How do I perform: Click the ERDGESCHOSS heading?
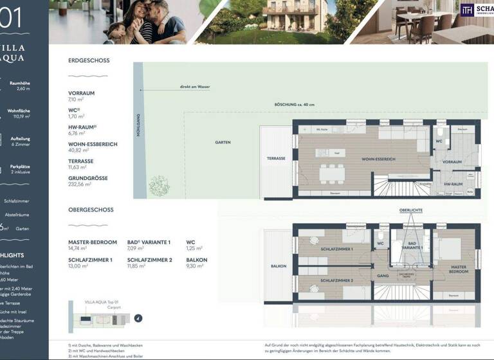89,60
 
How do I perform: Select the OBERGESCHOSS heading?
91,210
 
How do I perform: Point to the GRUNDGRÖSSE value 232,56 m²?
80,184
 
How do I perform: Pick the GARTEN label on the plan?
223,142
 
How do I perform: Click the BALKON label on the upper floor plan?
279,265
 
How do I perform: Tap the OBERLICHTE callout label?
410,210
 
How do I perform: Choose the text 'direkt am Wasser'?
195,87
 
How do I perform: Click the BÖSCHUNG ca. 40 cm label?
295,105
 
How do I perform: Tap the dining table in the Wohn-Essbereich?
333,174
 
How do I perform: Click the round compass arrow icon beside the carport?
138,318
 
